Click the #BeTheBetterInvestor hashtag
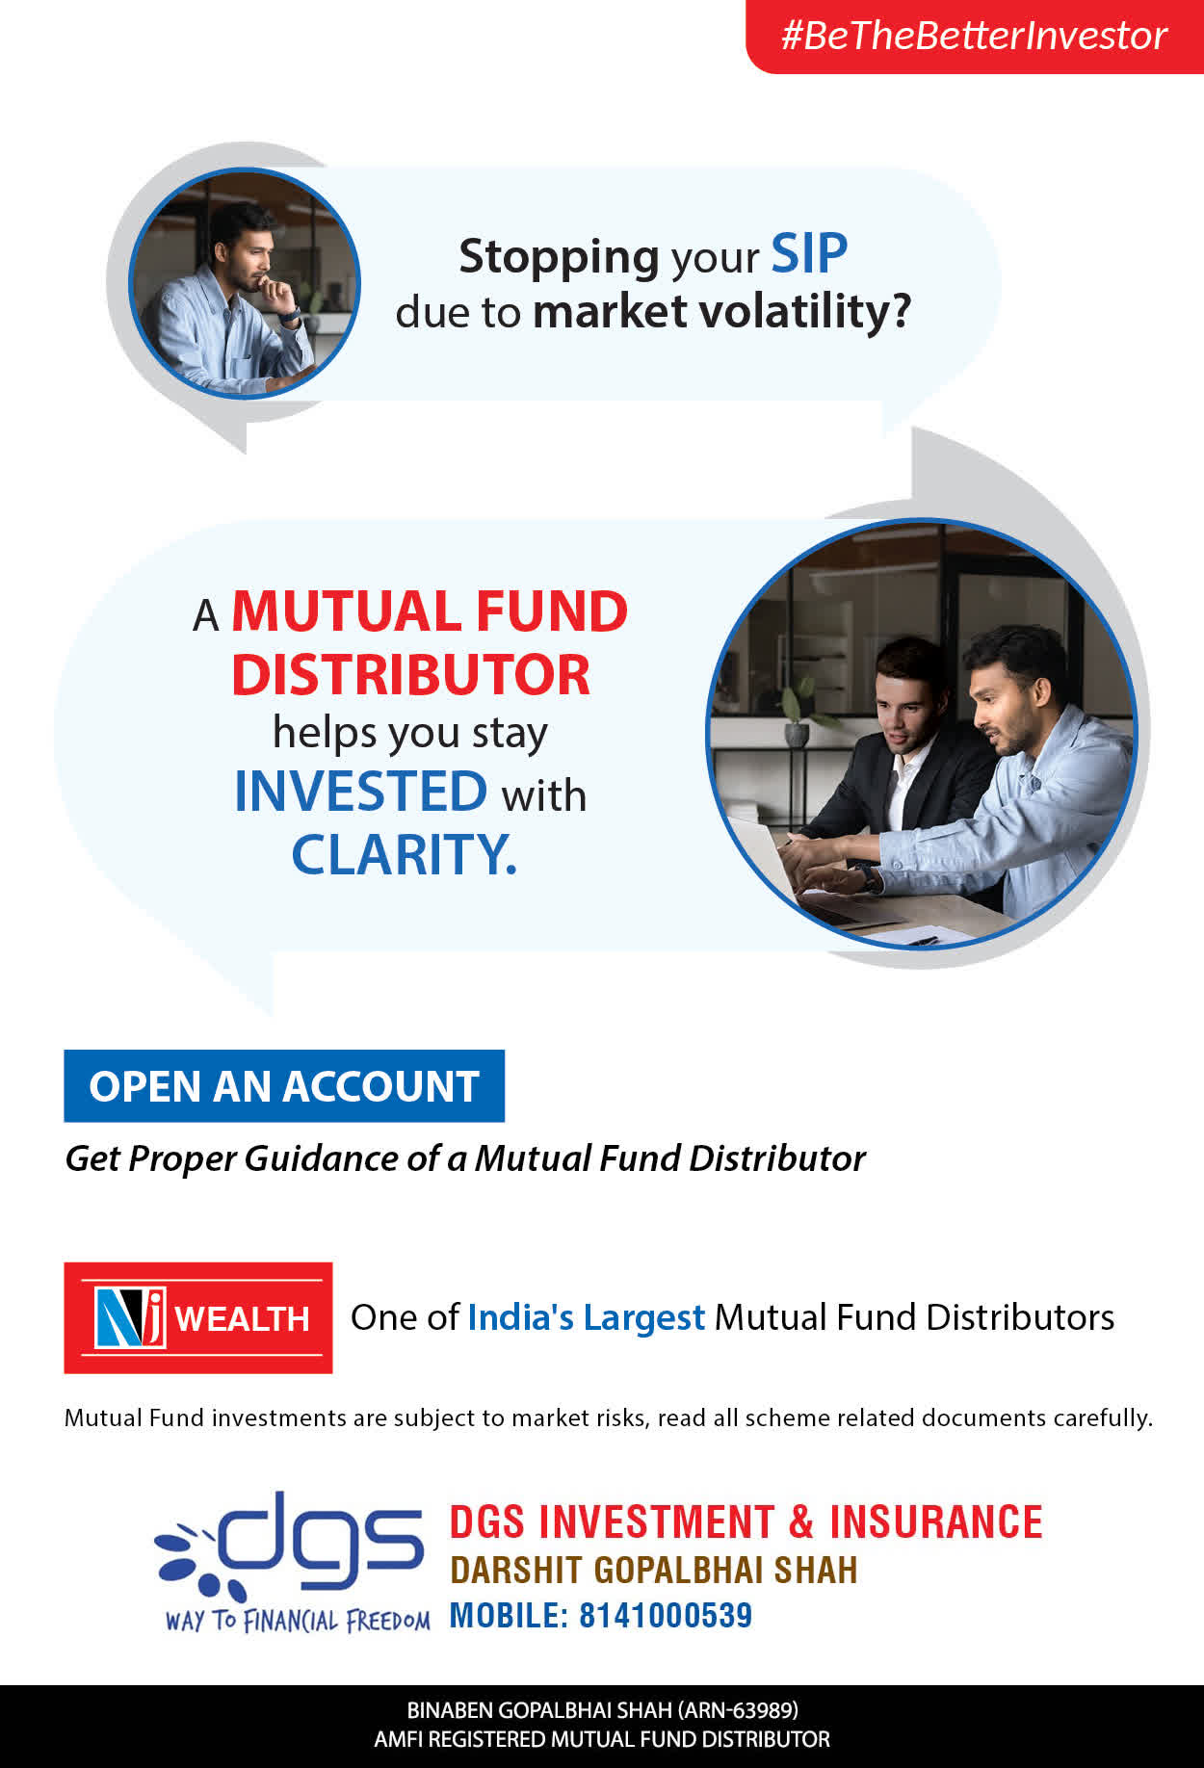pyautogui.click(x=974, y=36)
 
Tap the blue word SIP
pyautogui.click(x=809, y=255)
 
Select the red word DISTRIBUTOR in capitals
pyautogui.click(x=410, y=674)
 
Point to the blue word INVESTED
pyautogui.click(x=361, y=792)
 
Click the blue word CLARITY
pyautogui.click(x=404, y=854)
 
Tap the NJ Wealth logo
pyautogui.click(x=198, y=1317)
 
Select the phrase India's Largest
pyautogui.click(x=587, y=1317)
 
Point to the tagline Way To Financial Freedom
pyautogui.click(x=298, y=1621)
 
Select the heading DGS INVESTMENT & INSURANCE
pyautogui.click(x=746, y=1522)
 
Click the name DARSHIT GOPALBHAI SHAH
pyautogui.click(x=654, y=1571)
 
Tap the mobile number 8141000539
pyautogui.click(x=666, y=1615)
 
